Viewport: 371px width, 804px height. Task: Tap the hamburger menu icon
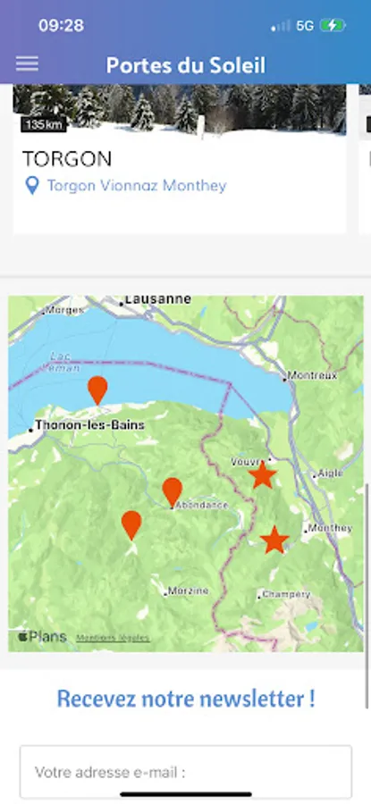[28, 63]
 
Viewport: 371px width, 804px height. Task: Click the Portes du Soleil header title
[186, 65]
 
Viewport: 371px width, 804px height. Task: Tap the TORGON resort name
[67, 159]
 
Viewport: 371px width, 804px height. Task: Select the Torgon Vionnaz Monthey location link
[136, 186]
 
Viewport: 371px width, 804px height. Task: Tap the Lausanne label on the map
[157, 299]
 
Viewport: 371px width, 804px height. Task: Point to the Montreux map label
[312, 375]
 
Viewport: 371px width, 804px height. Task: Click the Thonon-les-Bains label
[89, 426]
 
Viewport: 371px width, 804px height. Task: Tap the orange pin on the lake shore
[97, 389]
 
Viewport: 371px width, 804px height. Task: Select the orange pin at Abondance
[172, 490]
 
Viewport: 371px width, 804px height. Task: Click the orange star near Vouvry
[262, 475]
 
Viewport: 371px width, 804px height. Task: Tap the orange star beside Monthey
[274, 540]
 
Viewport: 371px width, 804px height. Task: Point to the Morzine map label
[189, 590]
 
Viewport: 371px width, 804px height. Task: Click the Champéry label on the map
[286, 594]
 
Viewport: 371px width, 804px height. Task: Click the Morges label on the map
[64, 310]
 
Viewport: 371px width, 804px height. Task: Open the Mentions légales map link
[113, 638]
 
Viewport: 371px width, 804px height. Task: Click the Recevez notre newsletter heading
[186, 699]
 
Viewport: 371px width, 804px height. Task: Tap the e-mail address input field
[186, 772]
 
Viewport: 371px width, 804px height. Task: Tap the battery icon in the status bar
[333, 26]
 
